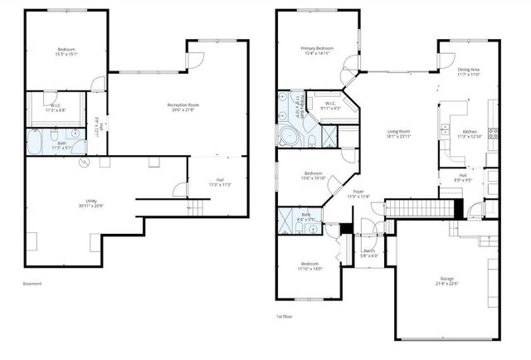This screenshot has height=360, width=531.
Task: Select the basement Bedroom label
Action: [x=67, y=52]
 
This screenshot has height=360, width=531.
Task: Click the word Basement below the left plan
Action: [x=33, y=284]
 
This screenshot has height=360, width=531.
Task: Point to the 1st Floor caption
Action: [x=285, y=316]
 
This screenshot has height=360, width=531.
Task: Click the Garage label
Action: [x=447, y=280]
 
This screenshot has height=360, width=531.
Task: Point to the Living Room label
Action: [x=401, y=134]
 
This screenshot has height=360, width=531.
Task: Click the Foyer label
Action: [x=358, y=193]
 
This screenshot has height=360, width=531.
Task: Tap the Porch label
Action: [x=369, y=252]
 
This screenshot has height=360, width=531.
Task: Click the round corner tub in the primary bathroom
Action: [x=290, y=137]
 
